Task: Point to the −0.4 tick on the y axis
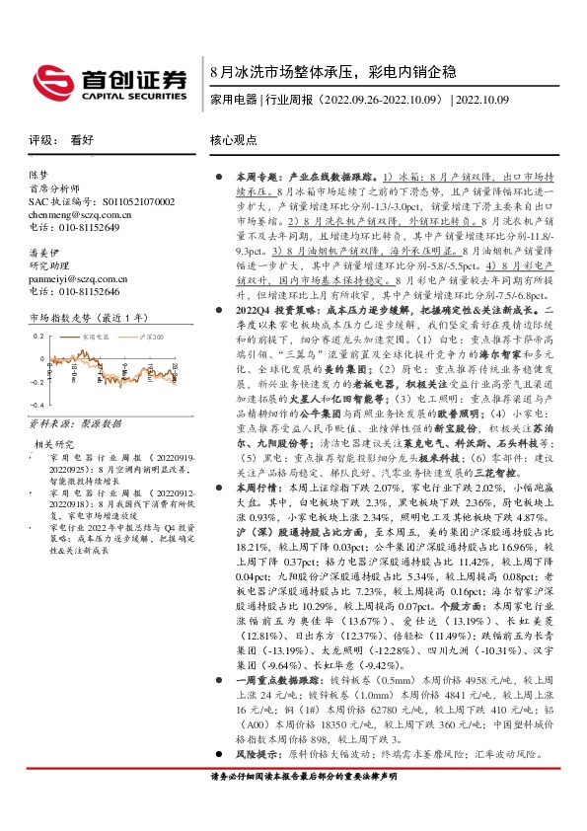point(36,406)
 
